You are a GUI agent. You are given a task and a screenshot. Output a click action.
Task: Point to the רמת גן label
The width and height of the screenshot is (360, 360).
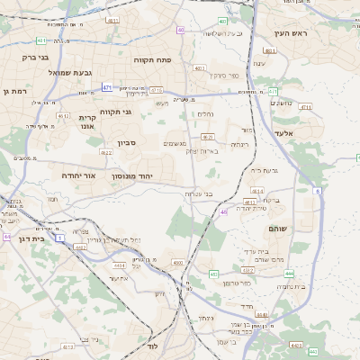(x=15, y=91)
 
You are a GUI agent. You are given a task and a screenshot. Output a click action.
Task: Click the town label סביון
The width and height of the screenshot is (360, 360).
(x=127, y=143)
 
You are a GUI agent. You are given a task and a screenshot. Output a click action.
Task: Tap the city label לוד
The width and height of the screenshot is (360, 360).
(x=152, y=346)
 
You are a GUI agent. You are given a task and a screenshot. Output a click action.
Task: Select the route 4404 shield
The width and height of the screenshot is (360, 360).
(x=120, y=266)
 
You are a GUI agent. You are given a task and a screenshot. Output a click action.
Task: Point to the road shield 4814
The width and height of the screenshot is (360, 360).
(x=257, y=191)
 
